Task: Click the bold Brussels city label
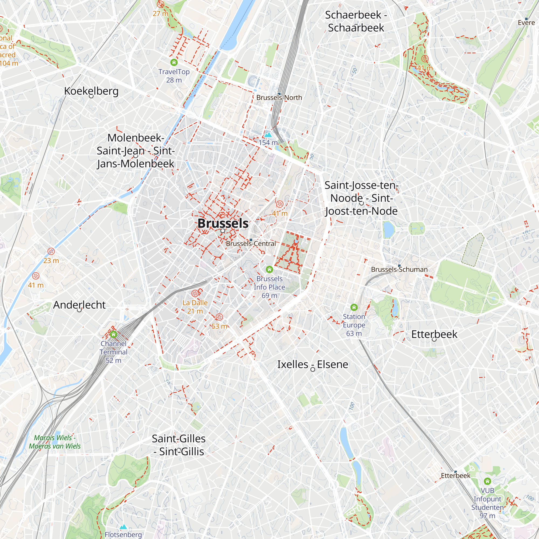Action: pyautogui.click(x=223, y=223)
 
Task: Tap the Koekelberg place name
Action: pyautogui.click(x=91, y=91)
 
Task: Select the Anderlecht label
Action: pyautogui.click(x=79, y=305)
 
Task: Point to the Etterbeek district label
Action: pyautogui.click(x=434, y=334)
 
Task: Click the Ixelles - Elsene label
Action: pyautogui.click(x=312, y=364)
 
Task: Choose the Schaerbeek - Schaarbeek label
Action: pyautogui.click(x=356, y=21)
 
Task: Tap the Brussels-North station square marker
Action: pyautogui.click(x=279, y=94)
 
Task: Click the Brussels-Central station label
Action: pyautogui.click(x=251, y=244)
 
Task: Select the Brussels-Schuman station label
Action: pyautogui.click(x=399, y=269)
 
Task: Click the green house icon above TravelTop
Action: pyautogui.click(x=174, y=62)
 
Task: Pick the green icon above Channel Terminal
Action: pyautogui.click(x=113, y=334)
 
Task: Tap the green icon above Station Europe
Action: pyautogui.click(x=354, y=307)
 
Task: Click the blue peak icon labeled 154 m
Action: pyautogui.click(x=268, y=135)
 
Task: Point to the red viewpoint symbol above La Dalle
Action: pyautogui.click(x=195, y=293)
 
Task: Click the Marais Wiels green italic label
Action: pyautogui.click(x=55, y=442)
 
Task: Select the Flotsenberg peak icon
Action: pyautogui.click(x=123, y=527)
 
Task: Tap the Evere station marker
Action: pyautogui.click(x=526, y=19)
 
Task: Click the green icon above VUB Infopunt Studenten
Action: pyautogui.click(x=487, y=481)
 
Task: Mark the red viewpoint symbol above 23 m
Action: pyautogui.click(x=51, y=251)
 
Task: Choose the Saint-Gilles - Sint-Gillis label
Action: pyautogui.click(x=179, y=445)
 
